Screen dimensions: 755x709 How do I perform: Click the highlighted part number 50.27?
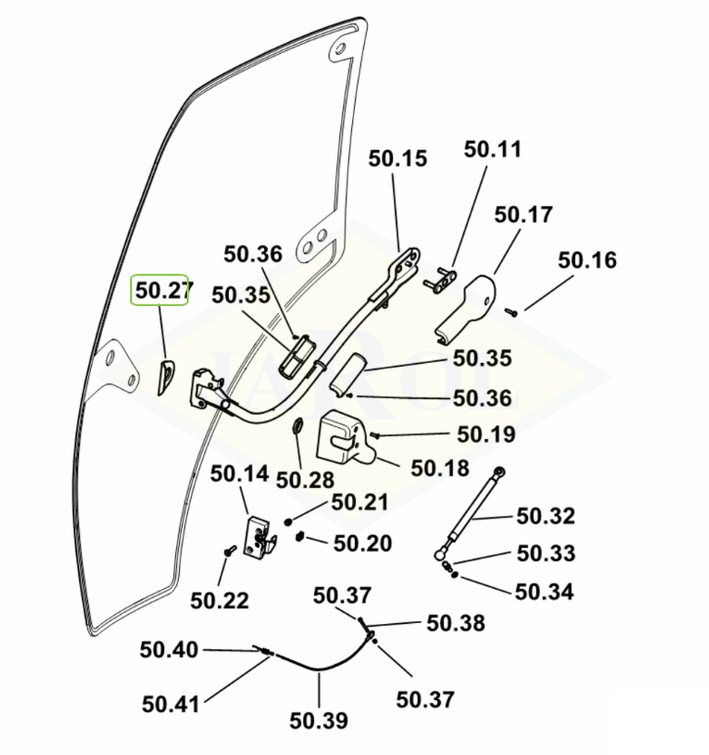coord(159,290)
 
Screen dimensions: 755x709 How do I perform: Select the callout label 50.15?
coord(398,158)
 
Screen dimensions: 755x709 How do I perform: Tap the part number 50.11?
coord(493,150)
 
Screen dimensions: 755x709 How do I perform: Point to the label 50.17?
coord(523,214)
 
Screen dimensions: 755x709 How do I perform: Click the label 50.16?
coord(588,260)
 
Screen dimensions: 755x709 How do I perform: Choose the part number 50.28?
coord(304,479)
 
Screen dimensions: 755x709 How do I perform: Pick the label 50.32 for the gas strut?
coord(546,515)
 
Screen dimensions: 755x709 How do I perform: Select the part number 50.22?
coord(219,600)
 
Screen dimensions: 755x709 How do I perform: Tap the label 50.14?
coord(239,474)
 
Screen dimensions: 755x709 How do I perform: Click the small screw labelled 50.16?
coord(510,312)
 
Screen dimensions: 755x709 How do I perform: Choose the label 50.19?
coord(486,434)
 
